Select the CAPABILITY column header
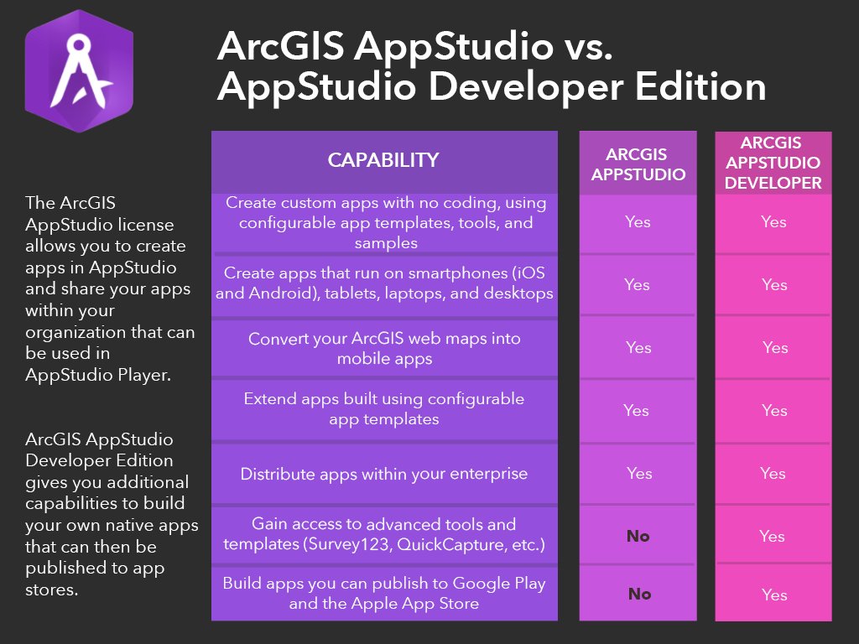point(383,160)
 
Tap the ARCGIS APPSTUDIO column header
point(638,164)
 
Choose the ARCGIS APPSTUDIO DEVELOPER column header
point(773,163)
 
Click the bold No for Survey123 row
point(638,537)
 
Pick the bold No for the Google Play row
point(639,594)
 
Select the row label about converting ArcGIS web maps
point(384,348)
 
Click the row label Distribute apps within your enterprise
point(384,474)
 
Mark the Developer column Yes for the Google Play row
point(774,595)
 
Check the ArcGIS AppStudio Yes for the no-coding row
point(638,222)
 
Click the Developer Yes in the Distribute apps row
point(773,474)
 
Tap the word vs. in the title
point(581,49)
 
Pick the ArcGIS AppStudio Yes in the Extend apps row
point(636,411)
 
